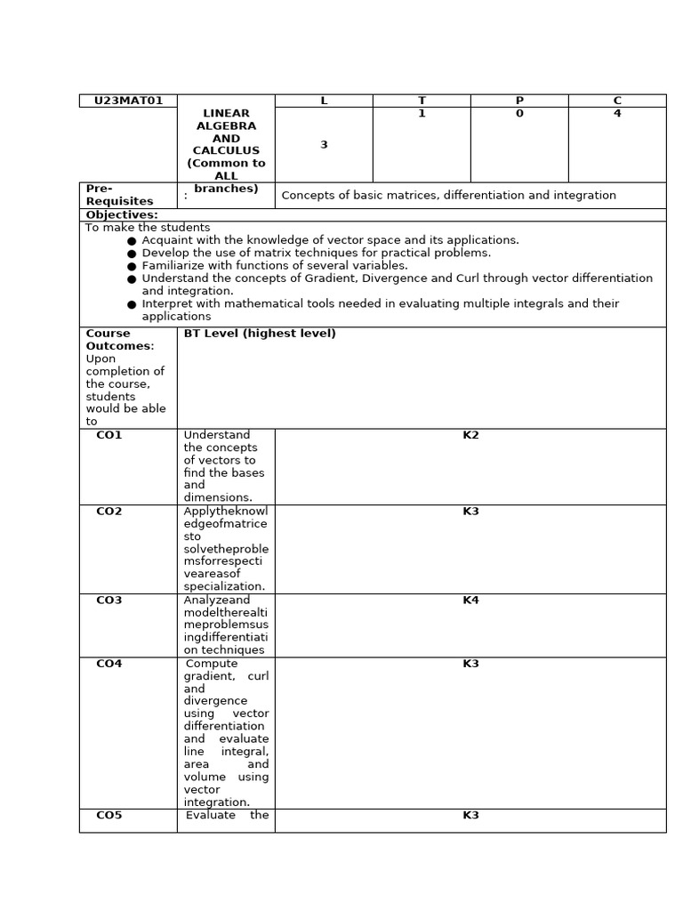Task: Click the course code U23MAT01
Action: (x=128, y=101)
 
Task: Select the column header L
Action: (x=324, y=101)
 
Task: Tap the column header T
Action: (x=422, y=101)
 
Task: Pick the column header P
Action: (x=519, y=101)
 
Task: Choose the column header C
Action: (x=617, y=101)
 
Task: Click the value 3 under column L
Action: (x=324, y=145)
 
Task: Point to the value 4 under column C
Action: (x=617, y=114)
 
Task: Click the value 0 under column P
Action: (x=519, y=114)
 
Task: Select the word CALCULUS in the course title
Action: (x=226, y=151)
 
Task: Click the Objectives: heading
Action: (x=122, y=215)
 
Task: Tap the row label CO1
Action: (x=109, y=435)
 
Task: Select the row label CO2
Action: (x=109, y=512)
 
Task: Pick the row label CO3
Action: (x=109, y=601)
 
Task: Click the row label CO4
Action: (x=109, y=664)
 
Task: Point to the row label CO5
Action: (x=109, y=815)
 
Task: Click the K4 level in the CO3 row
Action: (x=470, y=601)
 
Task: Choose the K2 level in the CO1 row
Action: (x=470, y=435)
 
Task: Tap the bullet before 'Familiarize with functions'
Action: (x=132, y=266)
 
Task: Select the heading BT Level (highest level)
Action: (x=260, y=334)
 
